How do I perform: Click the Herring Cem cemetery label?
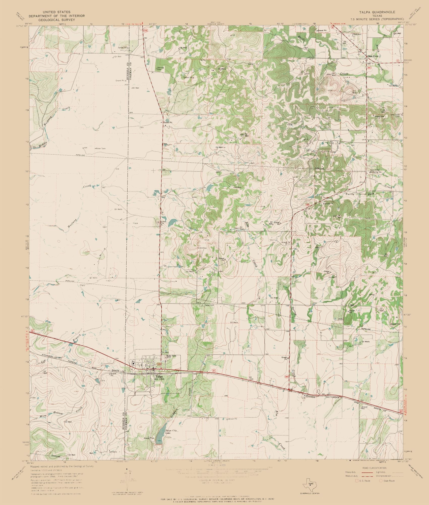[161, 69]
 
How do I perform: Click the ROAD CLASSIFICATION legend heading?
[374, 468]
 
